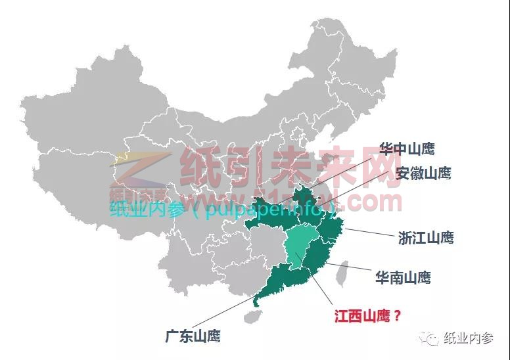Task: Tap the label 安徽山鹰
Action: (423, 173)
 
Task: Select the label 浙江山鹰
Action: (425, 238)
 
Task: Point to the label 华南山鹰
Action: (403, 277)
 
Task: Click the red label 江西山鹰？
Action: (367, 316)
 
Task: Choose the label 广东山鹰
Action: (193, 336)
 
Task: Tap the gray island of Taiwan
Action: (341, 273)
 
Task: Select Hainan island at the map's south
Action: (250, 317)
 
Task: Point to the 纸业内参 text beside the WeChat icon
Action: (469, 338)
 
